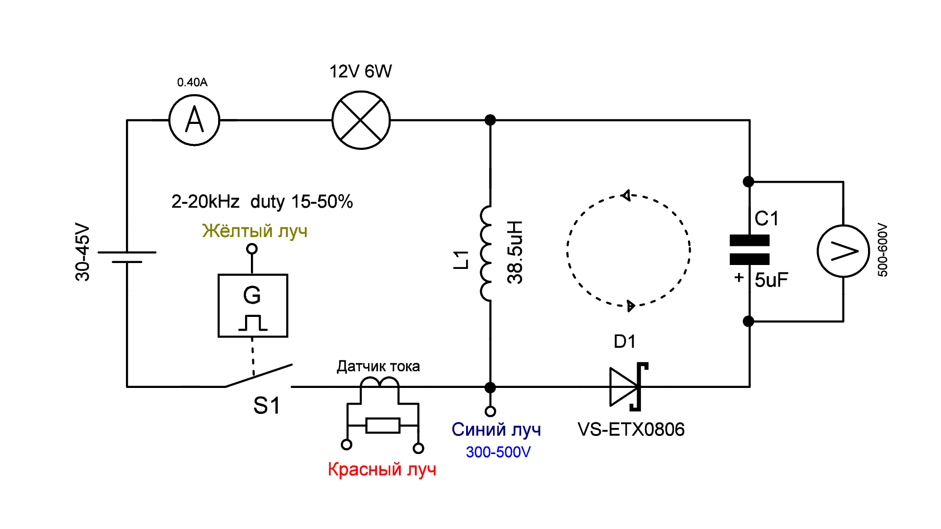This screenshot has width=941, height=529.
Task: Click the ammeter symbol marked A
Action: pyautogui.click(x=194, y=120)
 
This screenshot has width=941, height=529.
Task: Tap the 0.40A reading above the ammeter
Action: pyautogui.click(x=192, y=82)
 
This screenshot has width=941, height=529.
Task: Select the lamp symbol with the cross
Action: pyautogui.click(x=361, y=120)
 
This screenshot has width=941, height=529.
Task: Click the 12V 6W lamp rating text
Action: pyautogui.click(x=360, y=72)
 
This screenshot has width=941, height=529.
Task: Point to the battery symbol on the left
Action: pyautogui.click(x=127, y=257)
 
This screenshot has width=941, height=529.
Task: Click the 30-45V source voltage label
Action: pyautogui.click(x=82, y=252)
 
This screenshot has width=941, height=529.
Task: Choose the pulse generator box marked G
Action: pyautogui.click(x=252, y=306)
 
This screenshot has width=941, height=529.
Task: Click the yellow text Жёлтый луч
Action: pyautogui.click(x=255, y=231)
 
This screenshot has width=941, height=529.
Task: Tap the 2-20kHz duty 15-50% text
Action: pyautogui.click(x=262, y=201)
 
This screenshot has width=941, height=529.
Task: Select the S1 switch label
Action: pyautogui.click(x=267, y=406)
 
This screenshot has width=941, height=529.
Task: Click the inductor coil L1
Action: pyautogui.click(x=486, y=253)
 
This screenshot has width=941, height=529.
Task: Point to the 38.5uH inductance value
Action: pyautogui.click(x=515, y=252)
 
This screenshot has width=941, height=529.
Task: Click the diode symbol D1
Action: pyautogui.click(x=628, y=387)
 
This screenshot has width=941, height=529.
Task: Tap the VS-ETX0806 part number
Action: pyautogui.click(x=631, y=430)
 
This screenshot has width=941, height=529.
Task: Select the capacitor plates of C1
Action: pyautogui.click(x=749, y=250)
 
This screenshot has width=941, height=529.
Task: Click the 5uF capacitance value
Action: pyautogui.click(x=771, y=280)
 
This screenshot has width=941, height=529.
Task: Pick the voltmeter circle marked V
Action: pyautogui.click(x=843, y=251)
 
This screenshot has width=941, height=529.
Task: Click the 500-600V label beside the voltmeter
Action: pyautogui.click(x=883, y=250)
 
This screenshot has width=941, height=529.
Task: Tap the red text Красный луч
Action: pyautogui.click(x=382, y=469)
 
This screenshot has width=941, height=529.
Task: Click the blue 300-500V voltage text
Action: pyautogui.click(x=498, y=452)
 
